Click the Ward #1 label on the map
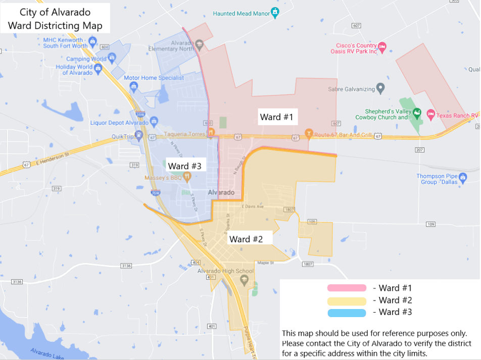click(276, 118)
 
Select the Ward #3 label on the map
click(184, 166)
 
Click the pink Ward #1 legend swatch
click(347, 288)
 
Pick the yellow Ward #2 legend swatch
click(347, 301)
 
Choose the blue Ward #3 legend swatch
click(347, 313)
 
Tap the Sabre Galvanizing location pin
click(381, 89)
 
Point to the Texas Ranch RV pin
click(431, 115)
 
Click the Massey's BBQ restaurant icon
click(187, 177)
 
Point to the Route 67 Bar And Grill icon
click(308, 134)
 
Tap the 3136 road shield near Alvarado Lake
click(17, 281)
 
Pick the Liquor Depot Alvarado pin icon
click(154, 122)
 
